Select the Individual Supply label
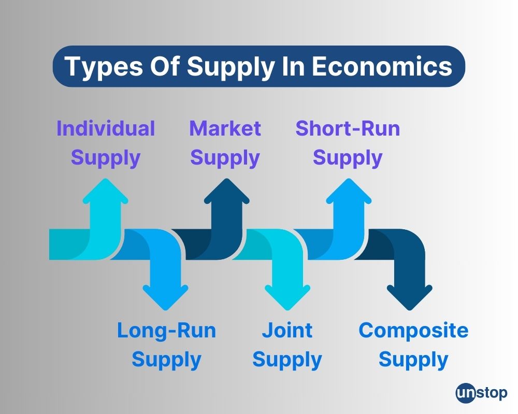click(106, 143)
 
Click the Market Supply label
click(225, 143)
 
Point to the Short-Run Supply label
click(348, 143)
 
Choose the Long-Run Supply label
click(166, 345)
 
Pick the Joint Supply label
click(287, 345)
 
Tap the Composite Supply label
click(413, 345)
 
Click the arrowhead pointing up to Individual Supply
click(106, 193)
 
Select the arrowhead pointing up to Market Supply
click(226, 193)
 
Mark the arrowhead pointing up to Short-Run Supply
click(348, 193)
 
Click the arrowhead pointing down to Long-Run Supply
click(165, 297)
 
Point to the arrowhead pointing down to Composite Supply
click(409, 297)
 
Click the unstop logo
click(481, 393)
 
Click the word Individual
click(106, 128)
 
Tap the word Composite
click(413, 330)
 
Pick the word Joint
click(287, 330)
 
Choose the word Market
click(225, 128)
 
